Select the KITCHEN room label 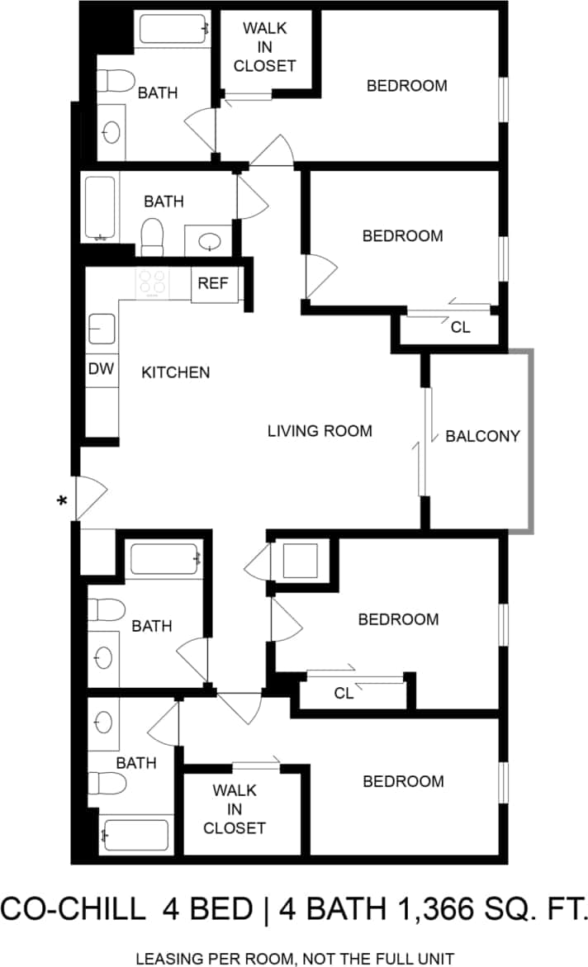176,372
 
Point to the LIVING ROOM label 320,431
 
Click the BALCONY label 483,436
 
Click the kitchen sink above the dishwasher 102,329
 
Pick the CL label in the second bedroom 460,327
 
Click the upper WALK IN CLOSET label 264,47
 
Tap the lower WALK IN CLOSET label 235,808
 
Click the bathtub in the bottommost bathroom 136,836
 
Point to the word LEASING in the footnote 170,959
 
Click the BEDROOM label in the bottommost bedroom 403,781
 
